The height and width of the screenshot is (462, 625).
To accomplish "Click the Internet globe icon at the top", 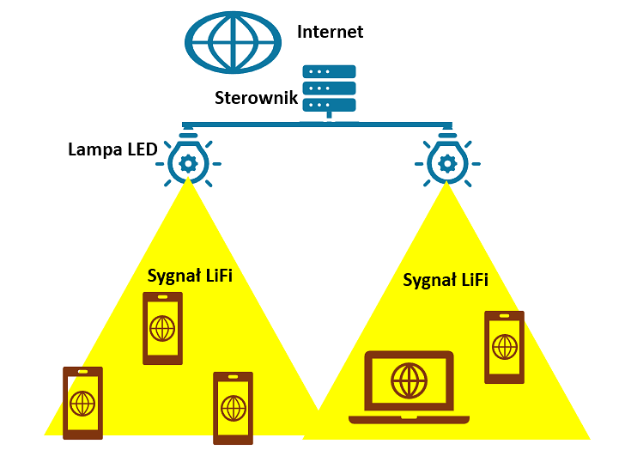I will coord(234,40).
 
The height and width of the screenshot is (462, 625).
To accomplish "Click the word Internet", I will coord(330,33).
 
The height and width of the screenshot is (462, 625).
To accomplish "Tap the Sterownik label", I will coord(256,97).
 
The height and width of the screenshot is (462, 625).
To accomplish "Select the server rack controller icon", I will coord(330,88).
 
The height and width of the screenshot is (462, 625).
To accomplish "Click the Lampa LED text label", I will coord(112,149).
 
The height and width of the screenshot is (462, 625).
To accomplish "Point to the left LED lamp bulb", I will coord(189,160).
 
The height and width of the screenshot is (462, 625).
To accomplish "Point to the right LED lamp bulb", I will coord(446,160).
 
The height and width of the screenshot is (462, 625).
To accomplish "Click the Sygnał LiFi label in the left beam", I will coord(190,276).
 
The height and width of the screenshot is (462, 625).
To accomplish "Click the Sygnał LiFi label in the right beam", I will coord(446,280).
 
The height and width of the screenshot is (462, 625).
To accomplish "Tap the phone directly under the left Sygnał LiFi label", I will coord(162,328).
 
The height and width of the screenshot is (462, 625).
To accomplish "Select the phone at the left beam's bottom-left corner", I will coord(82,403).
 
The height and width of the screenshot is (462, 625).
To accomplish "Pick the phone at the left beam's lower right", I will coord(233,408).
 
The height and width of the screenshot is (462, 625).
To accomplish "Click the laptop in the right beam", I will coord(409,386).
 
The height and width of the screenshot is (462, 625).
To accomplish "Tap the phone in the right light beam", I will coord(504,347).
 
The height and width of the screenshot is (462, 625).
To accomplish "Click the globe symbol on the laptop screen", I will coord(409,379).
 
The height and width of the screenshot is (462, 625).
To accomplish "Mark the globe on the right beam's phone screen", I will coord(504,347).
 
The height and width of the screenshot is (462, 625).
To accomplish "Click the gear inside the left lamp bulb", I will coord(189,162).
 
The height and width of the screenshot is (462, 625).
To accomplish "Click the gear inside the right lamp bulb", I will coord(446,162).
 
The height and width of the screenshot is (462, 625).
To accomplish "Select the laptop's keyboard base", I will coord(409,418).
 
